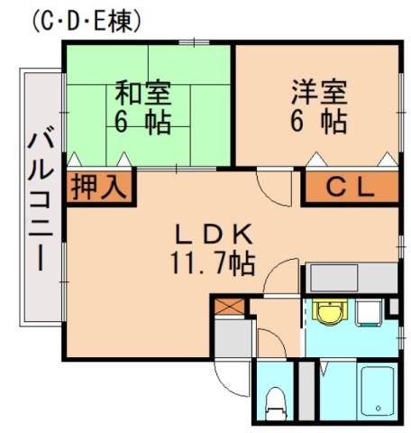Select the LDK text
click(210, 234)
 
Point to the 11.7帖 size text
click(211, 263)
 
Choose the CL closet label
click(349, 188)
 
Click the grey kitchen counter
click(352, 275)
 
